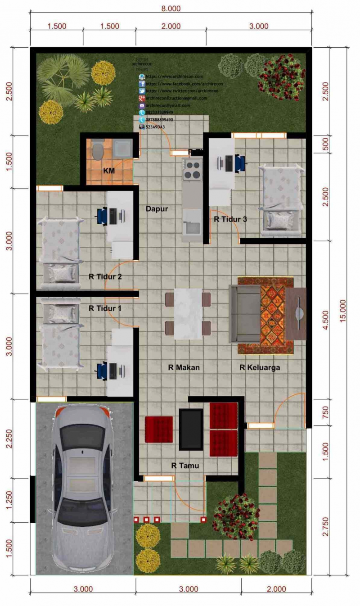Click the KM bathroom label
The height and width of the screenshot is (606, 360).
click(x=108, y=171)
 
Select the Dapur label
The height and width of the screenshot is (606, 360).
click(x=157, y=209)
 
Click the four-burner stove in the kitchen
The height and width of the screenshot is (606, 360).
click(x=193, y=169)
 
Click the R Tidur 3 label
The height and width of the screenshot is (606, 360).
click(x=230, y=220)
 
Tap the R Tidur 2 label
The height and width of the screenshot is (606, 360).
click(x=105, y=277)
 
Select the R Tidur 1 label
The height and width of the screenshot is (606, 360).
click(x=105, y=309)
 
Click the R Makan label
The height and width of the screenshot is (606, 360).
click(x=184, y=367)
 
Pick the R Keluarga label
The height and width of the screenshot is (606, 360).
click(x=260, y=367)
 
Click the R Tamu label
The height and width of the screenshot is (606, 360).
click(x=185, y=466)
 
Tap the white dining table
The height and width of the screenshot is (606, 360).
click(x=188, y=314)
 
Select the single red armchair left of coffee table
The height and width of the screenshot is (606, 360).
click(x=159, y=429)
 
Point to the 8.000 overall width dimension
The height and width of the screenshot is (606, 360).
click(x=171, y=8)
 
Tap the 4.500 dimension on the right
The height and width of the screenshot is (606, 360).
click(x=326, y=319)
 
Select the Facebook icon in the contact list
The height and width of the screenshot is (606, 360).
click(x=142, y=84)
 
